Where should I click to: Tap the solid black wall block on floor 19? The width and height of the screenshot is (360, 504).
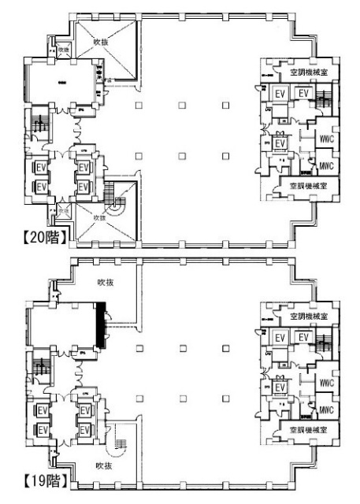click(x=100, y=326)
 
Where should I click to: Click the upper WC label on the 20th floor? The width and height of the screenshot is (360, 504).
click(x=327, y=140)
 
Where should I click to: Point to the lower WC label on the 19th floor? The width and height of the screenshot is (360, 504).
click(x=327, y=409)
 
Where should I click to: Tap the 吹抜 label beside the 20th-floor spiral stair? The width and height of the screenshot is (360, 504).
click(x=100, y=218)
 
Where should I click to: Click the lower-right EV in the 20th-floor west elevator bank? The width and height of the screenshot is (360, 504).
click(x=83, y=187)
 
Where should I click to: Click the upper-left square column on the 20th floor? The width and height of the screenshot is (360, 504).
click(x=139, y=106)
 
